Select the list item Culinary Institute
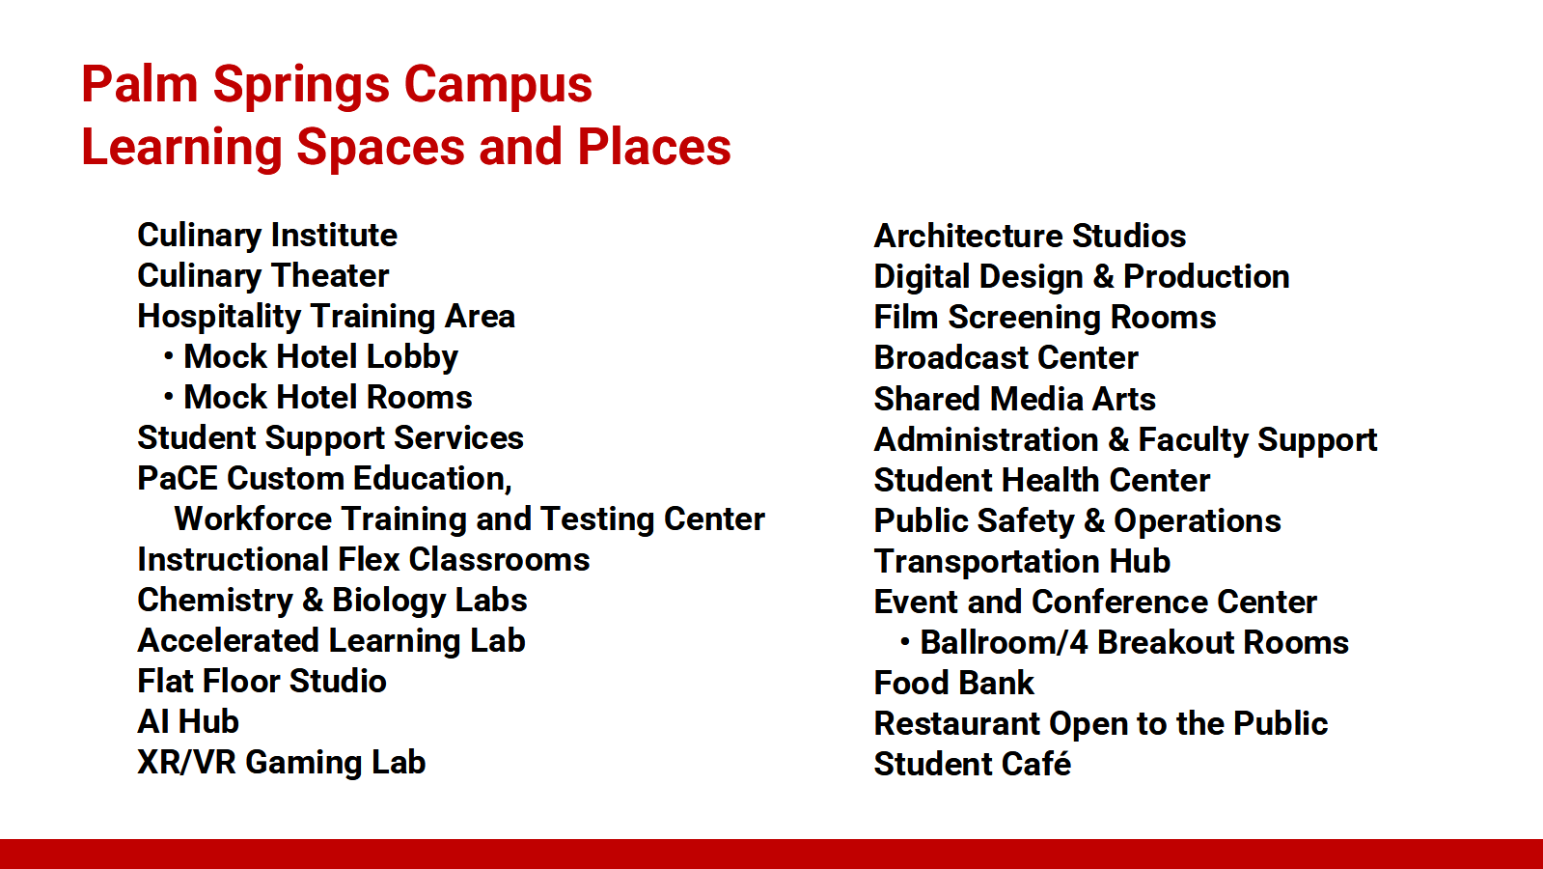[267, 236]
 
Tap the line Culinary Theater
[263, 276]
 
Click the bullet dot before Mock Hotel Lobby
[169, 356]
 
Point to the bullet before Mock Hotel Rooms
[169, 397]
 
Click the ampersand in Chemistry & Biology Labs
[313, 601]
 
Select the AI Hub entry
[188, 721]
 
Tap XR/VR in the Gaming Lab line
[186, 762]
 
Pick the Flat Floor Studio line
[262, 681]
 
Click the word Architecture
[968, 237]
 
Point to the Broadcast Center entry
[1006, 357]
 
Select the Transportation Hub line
[1022, 561]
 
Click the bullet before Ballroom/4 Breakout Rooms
[905, 642]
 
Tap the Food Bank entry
[954, 683]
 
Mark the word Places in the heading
[653, 148]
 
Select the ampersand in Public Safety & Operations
[1094, 521]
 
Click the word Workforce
[253, 519]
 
